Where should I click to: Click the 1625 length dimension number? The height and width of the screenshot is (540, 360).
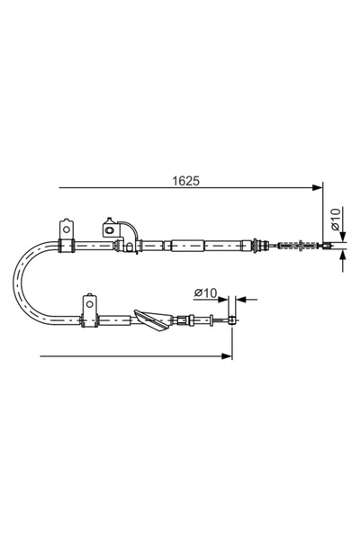(186, 179)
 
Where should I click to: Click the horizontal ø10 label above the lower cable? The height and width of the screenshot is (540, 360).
(205, 292)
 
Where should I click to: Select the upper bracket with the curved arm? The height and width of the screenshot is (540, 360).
(115, 230)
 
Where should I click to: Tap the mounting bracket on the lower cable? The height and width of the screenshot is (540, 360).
(89, 309)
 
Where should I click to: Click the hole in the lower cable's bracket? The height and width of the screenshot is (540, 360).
(89, 303)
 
